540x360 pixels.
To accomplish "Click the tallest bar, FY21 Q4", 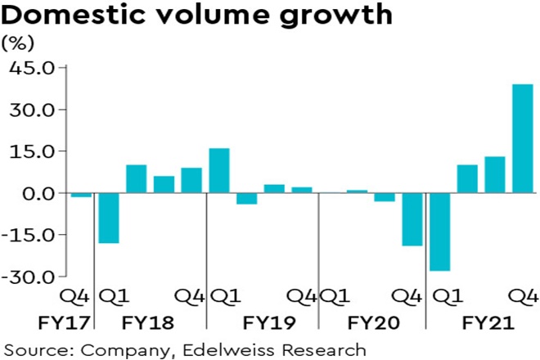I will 522,138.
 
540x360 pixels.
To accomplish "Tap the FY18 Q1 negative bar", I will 109,218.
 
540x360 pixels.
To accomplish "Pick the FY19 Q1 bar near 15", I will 219,170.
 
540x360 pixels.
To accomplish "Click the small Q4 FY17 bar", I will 81,196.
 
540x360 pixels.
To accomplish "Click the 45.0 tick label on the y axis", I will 31,68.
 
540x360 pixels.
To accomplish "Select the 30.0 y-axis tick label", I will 31,110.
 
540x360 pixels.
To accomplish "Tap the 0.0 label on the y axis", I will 36,193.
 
